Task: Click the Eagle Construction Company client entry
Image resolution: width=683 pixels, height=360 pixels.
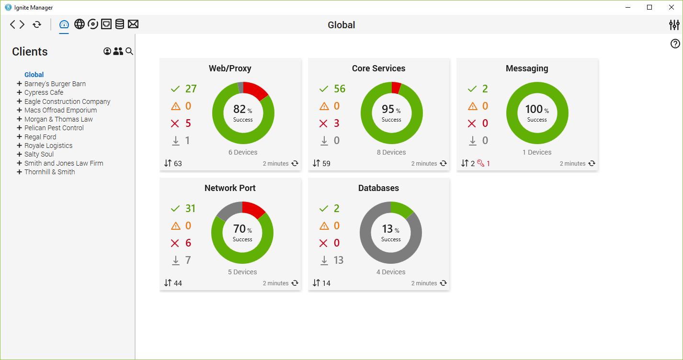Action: (x=67, y=101)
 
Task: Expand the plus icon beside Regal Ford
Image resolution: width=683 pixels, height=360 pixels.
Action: (x=19, y=137)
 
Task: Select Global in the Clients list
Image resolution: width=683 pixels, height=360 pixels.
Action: (x=34, y=75)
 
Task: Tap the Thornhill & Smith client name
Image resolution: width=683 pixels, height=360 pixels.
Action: (x=49, y=172)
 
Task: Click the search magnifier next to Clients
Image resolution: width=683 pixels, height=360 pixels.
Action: (x=129, y=51)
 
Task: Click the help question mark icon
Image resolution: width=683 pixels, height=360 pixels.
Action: (x=675, y=44)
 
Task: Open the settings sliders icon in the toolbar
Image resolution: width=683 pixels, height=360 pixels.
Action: (x=674, y=25)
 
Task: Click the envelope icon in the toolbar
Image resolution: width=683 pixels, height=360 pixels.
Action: (x=133, y=24)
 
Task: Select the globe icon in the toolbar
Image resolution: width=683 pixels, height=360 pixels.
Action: (x=80, y=24)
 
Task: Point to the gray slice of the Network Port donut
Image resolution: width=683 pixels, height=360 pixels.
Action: (x=228, y=210)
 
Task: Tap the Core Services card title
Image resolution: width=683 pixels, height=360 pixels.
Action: (x=378, y=68)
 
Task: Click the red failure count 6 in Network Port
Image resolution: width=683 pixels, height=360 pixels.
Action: (x=188, y=243)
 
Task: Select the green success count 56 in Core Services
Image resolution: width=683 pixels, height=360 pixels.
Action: (x=340, y=89)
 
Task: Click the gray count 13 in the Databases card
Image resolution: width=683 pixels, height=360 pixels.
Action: (x=339, y=260)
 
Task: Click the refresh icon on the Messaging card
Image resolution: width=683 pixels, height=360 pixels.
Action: (x=592, y=163)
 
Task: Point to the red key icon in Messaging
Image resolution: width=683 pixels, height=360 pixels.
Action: (x=481, y=163)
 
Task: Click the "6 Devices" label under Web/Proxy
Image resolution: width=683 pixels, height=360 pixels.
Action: (x=243, y=152)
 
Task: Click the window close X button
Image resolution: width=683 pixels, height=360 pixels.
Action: (x=672, y=7)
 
